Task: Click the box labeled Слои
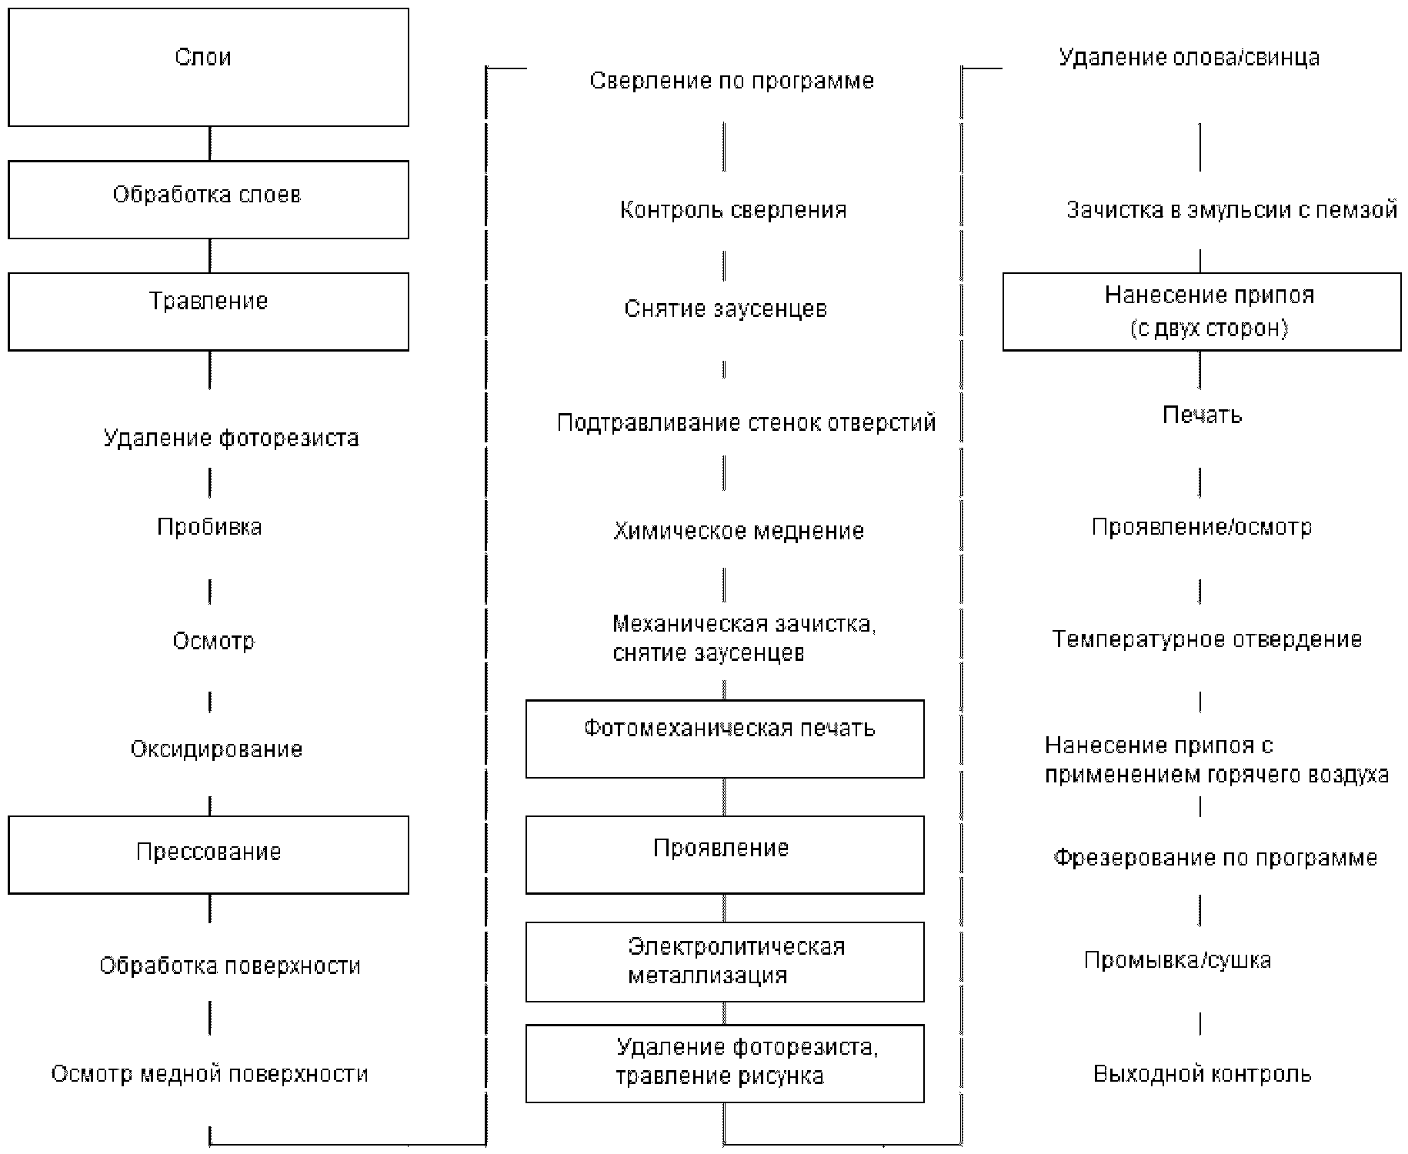(208, 68)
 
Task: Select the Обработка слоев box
(208, 199)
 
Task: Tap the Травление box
(208, 312)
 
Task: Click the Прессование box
(208, 855)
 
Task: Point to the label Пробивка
(209, 527)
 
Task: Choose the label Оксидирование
(216, 749)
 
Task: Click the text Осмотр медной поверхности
(209, 1074)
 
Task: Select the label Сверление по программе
(732, 81)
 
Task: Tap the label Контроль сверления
(733, 210)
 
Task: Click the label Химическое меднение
(739, 531)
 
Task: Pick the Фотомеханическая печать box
(725, 739)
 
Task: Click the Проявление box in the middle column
(725, 855)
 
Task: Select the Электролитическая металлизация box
(725, 962)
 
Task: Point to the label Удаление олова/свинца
(1189, 58)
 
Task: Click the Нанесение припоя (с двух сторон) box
(1202, 312)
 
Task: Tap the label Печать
(1202, 415)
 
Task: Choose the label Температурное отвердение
(1207, 639)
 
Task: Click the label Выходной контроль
(1202, 1074)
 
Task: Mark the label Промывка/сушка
(1177, 960)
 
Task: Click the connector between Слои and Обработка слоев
(210, 144)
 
